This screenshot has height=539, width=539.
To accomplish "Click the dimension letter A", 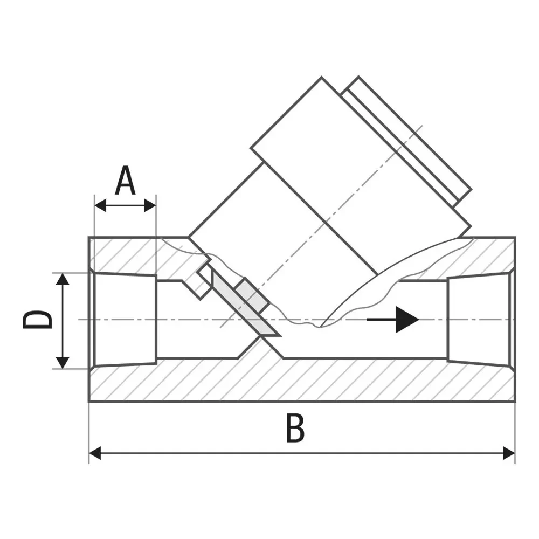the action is tap(125, 181).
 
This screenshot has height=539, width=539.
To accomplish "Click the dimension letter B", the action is tap(295, 428).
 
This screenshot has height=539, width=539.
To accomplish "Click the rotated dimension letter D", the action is tap(37, 320).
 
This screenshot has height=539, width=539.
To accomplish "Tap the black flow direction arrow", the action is tap(393, 320).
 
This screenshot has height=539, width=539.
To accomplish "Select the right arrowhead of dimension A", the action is tap(150, 205).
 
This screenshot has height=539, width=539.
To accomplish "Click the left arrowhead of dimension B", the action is tap(95, 453).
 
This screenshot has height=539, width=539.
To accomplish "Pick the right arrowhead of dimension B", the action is tap(509, 453).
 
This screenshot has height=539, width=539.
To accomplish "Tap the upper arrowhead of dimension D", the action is tap(62, 279).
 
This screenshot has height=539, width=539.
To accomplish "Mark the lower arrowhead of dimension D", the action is tap(62, 363).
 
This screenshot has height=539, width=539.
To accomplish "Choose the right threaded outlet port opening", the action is tap(478, 318).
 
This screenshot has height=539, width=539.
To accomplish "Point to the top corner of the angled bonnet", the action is tap(322, 77).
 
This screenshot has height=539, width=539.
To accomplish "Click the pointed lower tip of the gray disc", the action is tap(280, 335).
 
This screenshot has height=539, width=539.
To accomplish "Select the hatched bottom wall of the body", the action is tap(302, 381).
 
